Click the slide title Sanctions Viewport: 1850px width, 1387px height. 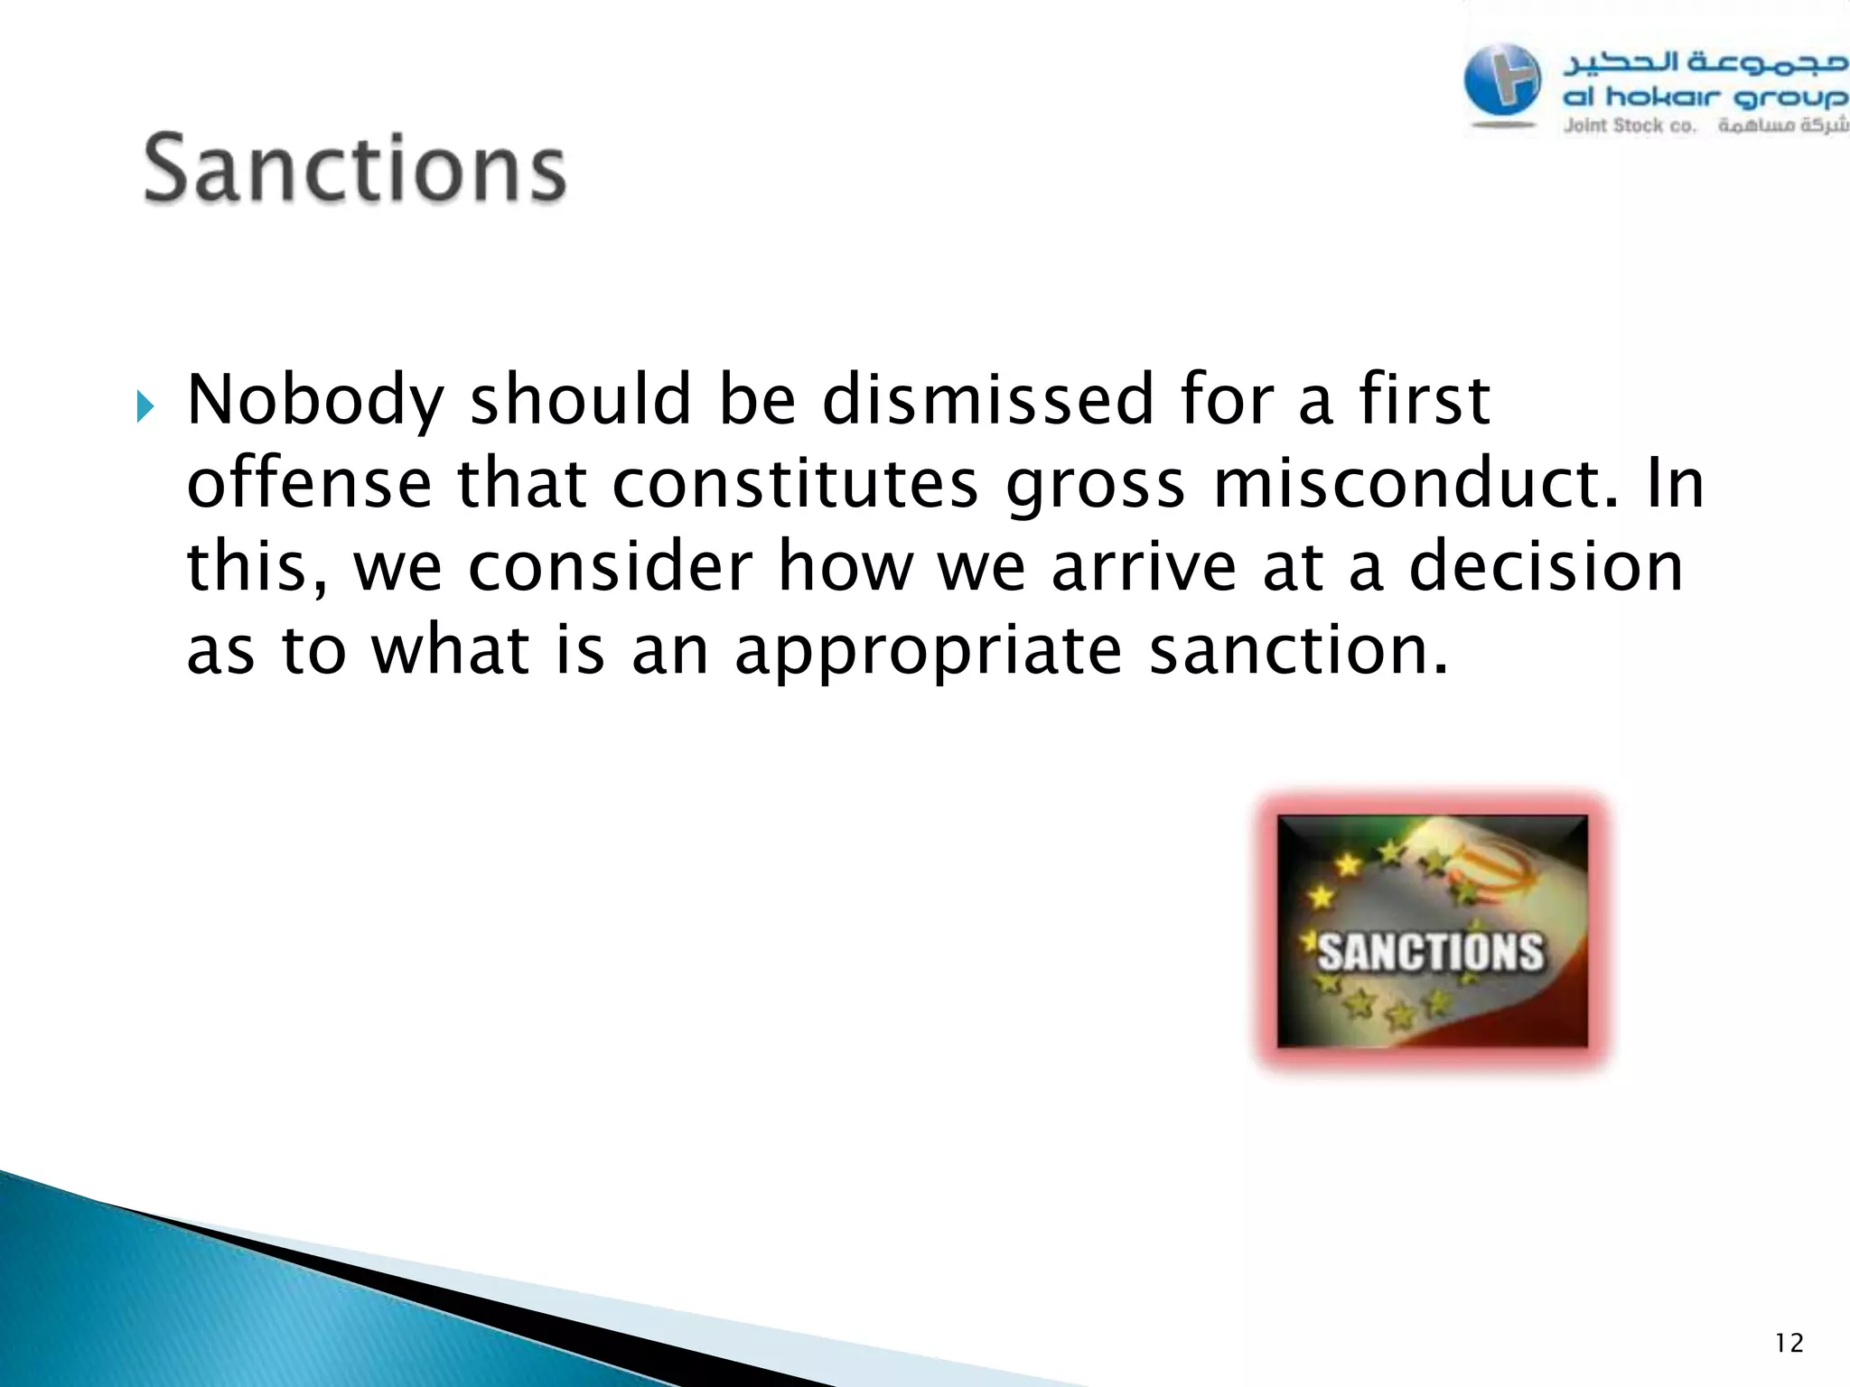point(355,169)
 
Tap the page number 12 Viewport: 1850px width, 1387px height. point(1789,1344)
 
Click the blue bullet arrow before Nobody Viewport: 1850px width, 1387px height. point(145,407)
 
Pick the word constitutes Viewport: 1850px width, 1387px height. point(795,484)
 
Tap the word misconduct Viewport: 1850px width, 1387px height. point(1415,484)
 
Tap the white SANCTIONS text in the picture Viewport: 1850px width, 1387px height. point(1431,952)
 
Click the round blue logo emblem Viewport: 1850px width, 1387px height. point(1501,82)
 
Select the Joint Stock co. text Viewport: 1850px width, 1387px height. point(1630,126)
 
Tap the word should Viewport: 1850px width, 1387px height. point(581,400)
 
